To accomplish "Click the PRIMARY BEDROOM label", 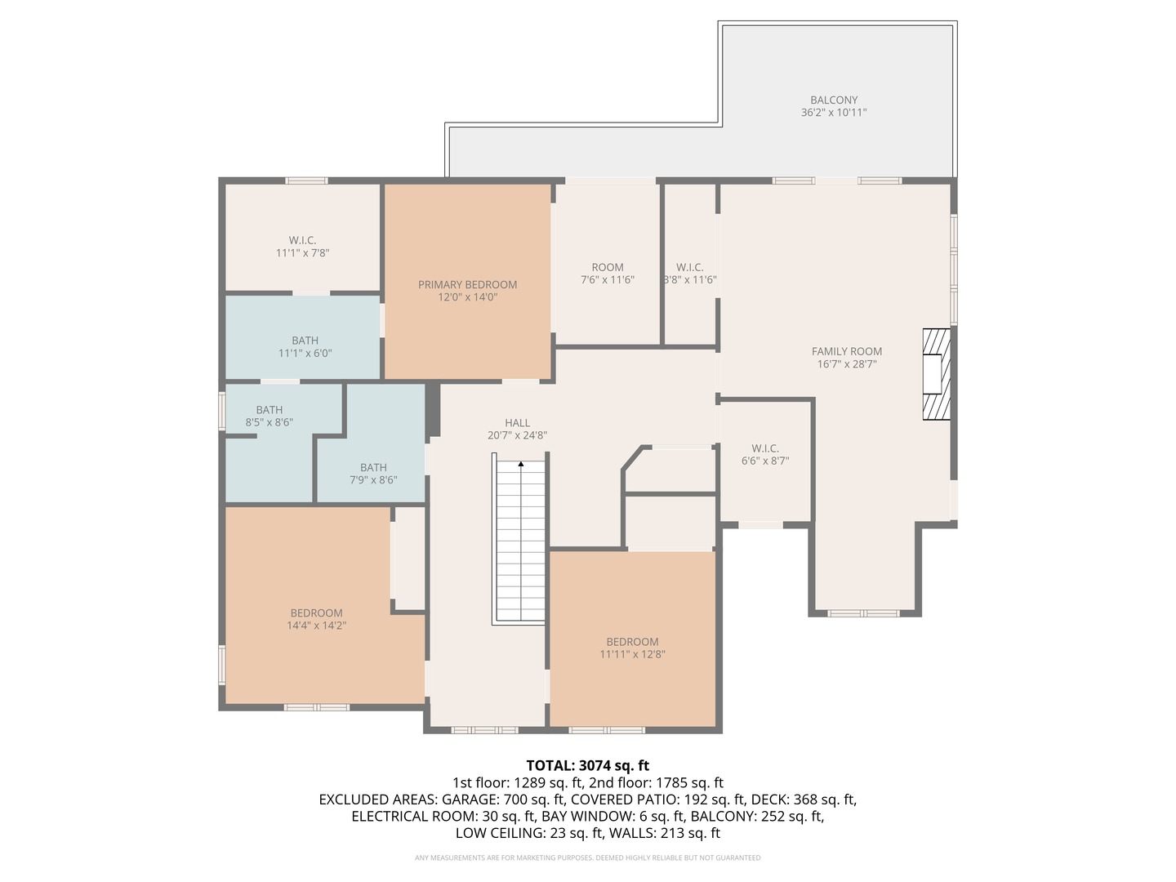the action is pyautogui.click(x=467, y=284).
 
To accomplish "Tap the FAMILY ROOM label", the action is pyautogui.click(x=847, y=351).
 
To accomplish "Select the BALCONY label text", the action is pyautogui.click(x=834, y=100).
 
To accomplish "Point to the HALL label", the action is pyautogui.click(x=517, y=423).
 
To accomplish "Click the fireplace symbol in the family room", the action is pyautogui.click(x=936, y=374).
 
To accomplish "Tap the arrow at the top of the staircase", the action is pyautogui.click(x=521, y=465).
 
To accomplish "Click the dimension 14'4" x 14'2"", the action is pyautogui.click(x=317, y=626).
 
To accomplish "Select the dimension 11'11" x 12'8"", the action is pyautogui.click(x=632, y=654).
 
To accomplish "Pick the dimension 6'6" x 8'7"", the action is pyautogui.click(x=765, y=461).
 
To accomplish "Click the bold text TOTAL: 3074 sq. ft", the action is pyautogui.click(x=588, y=765).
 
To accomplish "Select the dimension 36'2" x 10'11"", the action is pyautogui.click(x=834, y=113).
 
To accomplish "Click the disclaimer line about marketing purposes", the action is pyautogui.click(x=588, y=857).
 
